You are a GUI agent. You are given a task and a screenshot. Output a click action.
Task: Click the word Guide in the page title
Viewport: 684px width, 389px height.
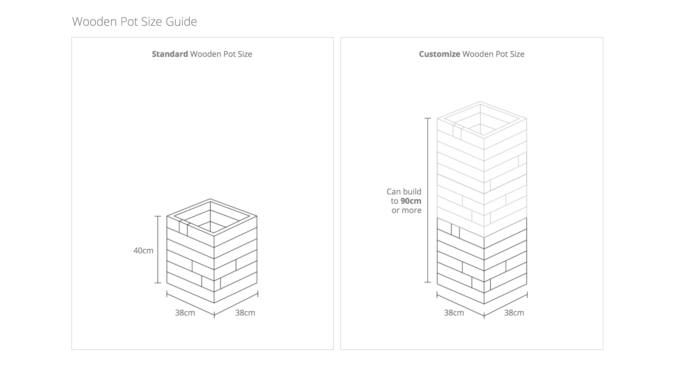click(x=181, y=22)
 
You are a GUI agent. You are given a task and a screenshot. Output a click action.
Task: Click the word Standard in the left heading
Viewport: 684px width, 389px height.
click(x=170, y=54)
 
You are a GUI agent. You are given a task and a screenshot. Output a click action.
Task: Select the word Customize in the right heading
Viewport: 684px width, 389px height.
click(x=439, y=54)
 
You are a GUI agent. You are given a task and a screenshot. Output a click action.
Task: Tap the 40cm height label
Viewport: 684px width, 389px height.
click(x=143, y=250)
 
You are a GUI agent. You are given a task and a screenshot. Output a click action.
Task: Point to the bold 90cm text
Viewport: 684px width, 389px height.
click(x=411, y=201)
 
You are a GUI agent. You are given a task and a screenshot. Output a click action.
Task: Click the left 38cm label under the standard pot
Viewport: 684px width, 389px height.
click(x=185, y=313)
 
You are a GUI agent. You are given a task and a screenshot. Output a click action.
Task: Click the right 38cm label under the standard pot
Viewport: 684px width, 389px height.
click(x=245, y=313)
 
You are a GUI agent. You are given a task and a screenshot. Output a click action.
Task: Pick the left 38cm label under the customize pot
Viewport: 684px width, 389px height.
click(x=454, y=313)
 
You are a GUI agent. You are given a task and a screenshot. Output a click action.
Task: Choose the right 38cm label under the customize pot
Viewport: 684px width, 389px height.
click(x=514, y=313)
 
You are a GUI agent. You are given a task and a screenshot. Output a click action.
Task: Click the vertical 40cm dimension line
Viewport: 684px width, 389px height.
click(x=158, y=249)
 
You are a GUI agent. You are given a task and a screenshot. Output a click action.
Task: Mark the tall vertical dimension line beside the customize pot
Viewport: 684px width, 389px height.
click(x=428, y=200)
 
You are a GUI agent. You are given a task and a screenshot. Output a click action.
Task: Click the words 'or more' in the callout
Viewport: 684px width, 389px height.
click(x=406, y=210)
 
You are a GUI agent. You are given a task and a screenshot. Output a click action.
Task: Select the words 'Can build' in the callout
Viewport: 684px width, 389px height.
click(x=404, y=192)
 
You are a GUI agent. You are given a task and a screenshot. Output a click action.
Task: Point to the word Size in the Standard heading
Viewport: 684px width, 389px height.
click(x=245, y=54)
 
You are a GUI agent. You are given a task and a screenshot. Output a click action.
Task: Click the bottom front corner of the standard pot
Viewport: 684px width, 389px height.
click(x=214, y=303)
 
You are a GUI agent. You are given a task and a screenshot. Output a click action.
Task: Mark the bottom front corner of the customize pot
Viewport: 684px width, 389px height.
click(x=484, y=304)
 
